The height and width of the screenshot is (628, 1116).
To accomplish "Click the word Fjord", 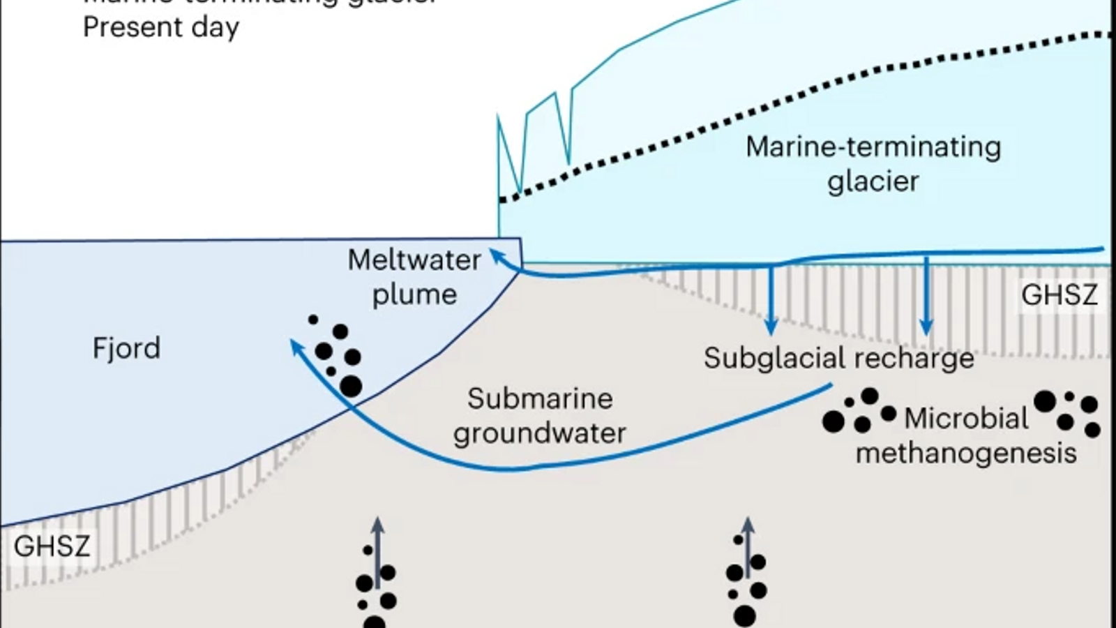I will click(126, 347).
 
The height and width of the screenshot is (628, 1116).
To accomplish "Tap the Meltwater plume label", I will click(414, 277).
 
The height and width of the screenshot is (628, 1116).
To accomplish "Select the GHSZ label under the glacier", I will click(1059, 295).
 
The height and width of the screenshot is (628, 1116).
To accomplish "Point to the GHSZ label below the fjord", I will click(52, 546).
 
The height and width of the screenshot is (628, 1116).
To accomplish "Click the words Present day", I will click(161, 27).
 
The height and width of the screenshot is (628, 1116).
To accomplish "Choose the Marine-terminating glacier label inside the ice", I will click(873, 164).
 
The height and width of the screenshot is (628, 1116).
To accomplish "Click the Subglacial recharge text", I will click(838, 358).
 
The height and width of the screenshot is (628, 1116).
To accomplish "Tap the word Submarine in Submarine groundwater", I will click(540, 398).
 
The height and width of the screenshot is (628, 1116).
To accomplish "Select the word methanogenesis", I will click(966, 453).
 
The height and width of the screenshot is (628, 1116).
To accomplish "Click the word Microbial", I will click(966, 419).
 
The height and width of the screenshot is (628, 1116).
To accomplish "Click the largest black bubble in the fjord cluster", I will click(351, 386).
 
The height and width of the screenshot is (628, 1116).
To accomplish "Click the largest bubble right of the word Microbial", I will click(1045, 401).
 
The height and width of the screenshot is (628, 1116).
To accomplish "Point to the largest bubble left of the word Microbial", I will click(833, 421).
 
